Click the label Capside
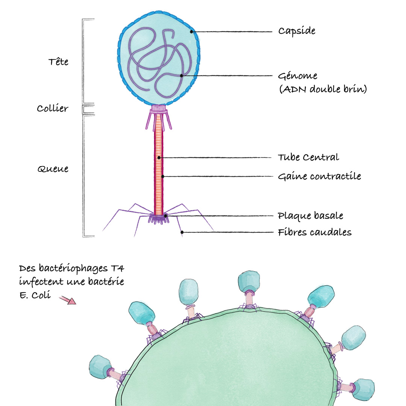coord(297,31)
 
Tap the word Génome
coord(297,76)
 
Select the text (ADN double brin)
coord(323,89)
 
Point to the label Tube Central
coord(308,157)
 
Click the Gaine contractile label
coord(320,176)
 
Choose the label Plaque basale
coord(311,216)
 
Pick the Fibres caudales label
coord(315,232)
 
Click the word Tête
coord(59,62)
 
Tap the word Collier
coord(53,108)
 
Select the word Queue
coord(53,169)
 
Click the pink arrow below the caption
coord(68,300)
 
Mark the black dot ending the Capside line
coord(191,32)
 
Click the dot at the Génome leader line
coord(182,76)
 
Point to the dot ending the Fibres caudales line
coord(182,232)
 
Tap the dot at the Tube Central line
coord(159,158)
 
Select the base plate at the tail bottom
coord(159,219)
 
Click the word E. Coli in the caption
coord(35,295)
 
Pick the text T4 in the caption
coord(118,268)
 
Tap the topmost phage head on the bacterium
coord(249,282)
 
